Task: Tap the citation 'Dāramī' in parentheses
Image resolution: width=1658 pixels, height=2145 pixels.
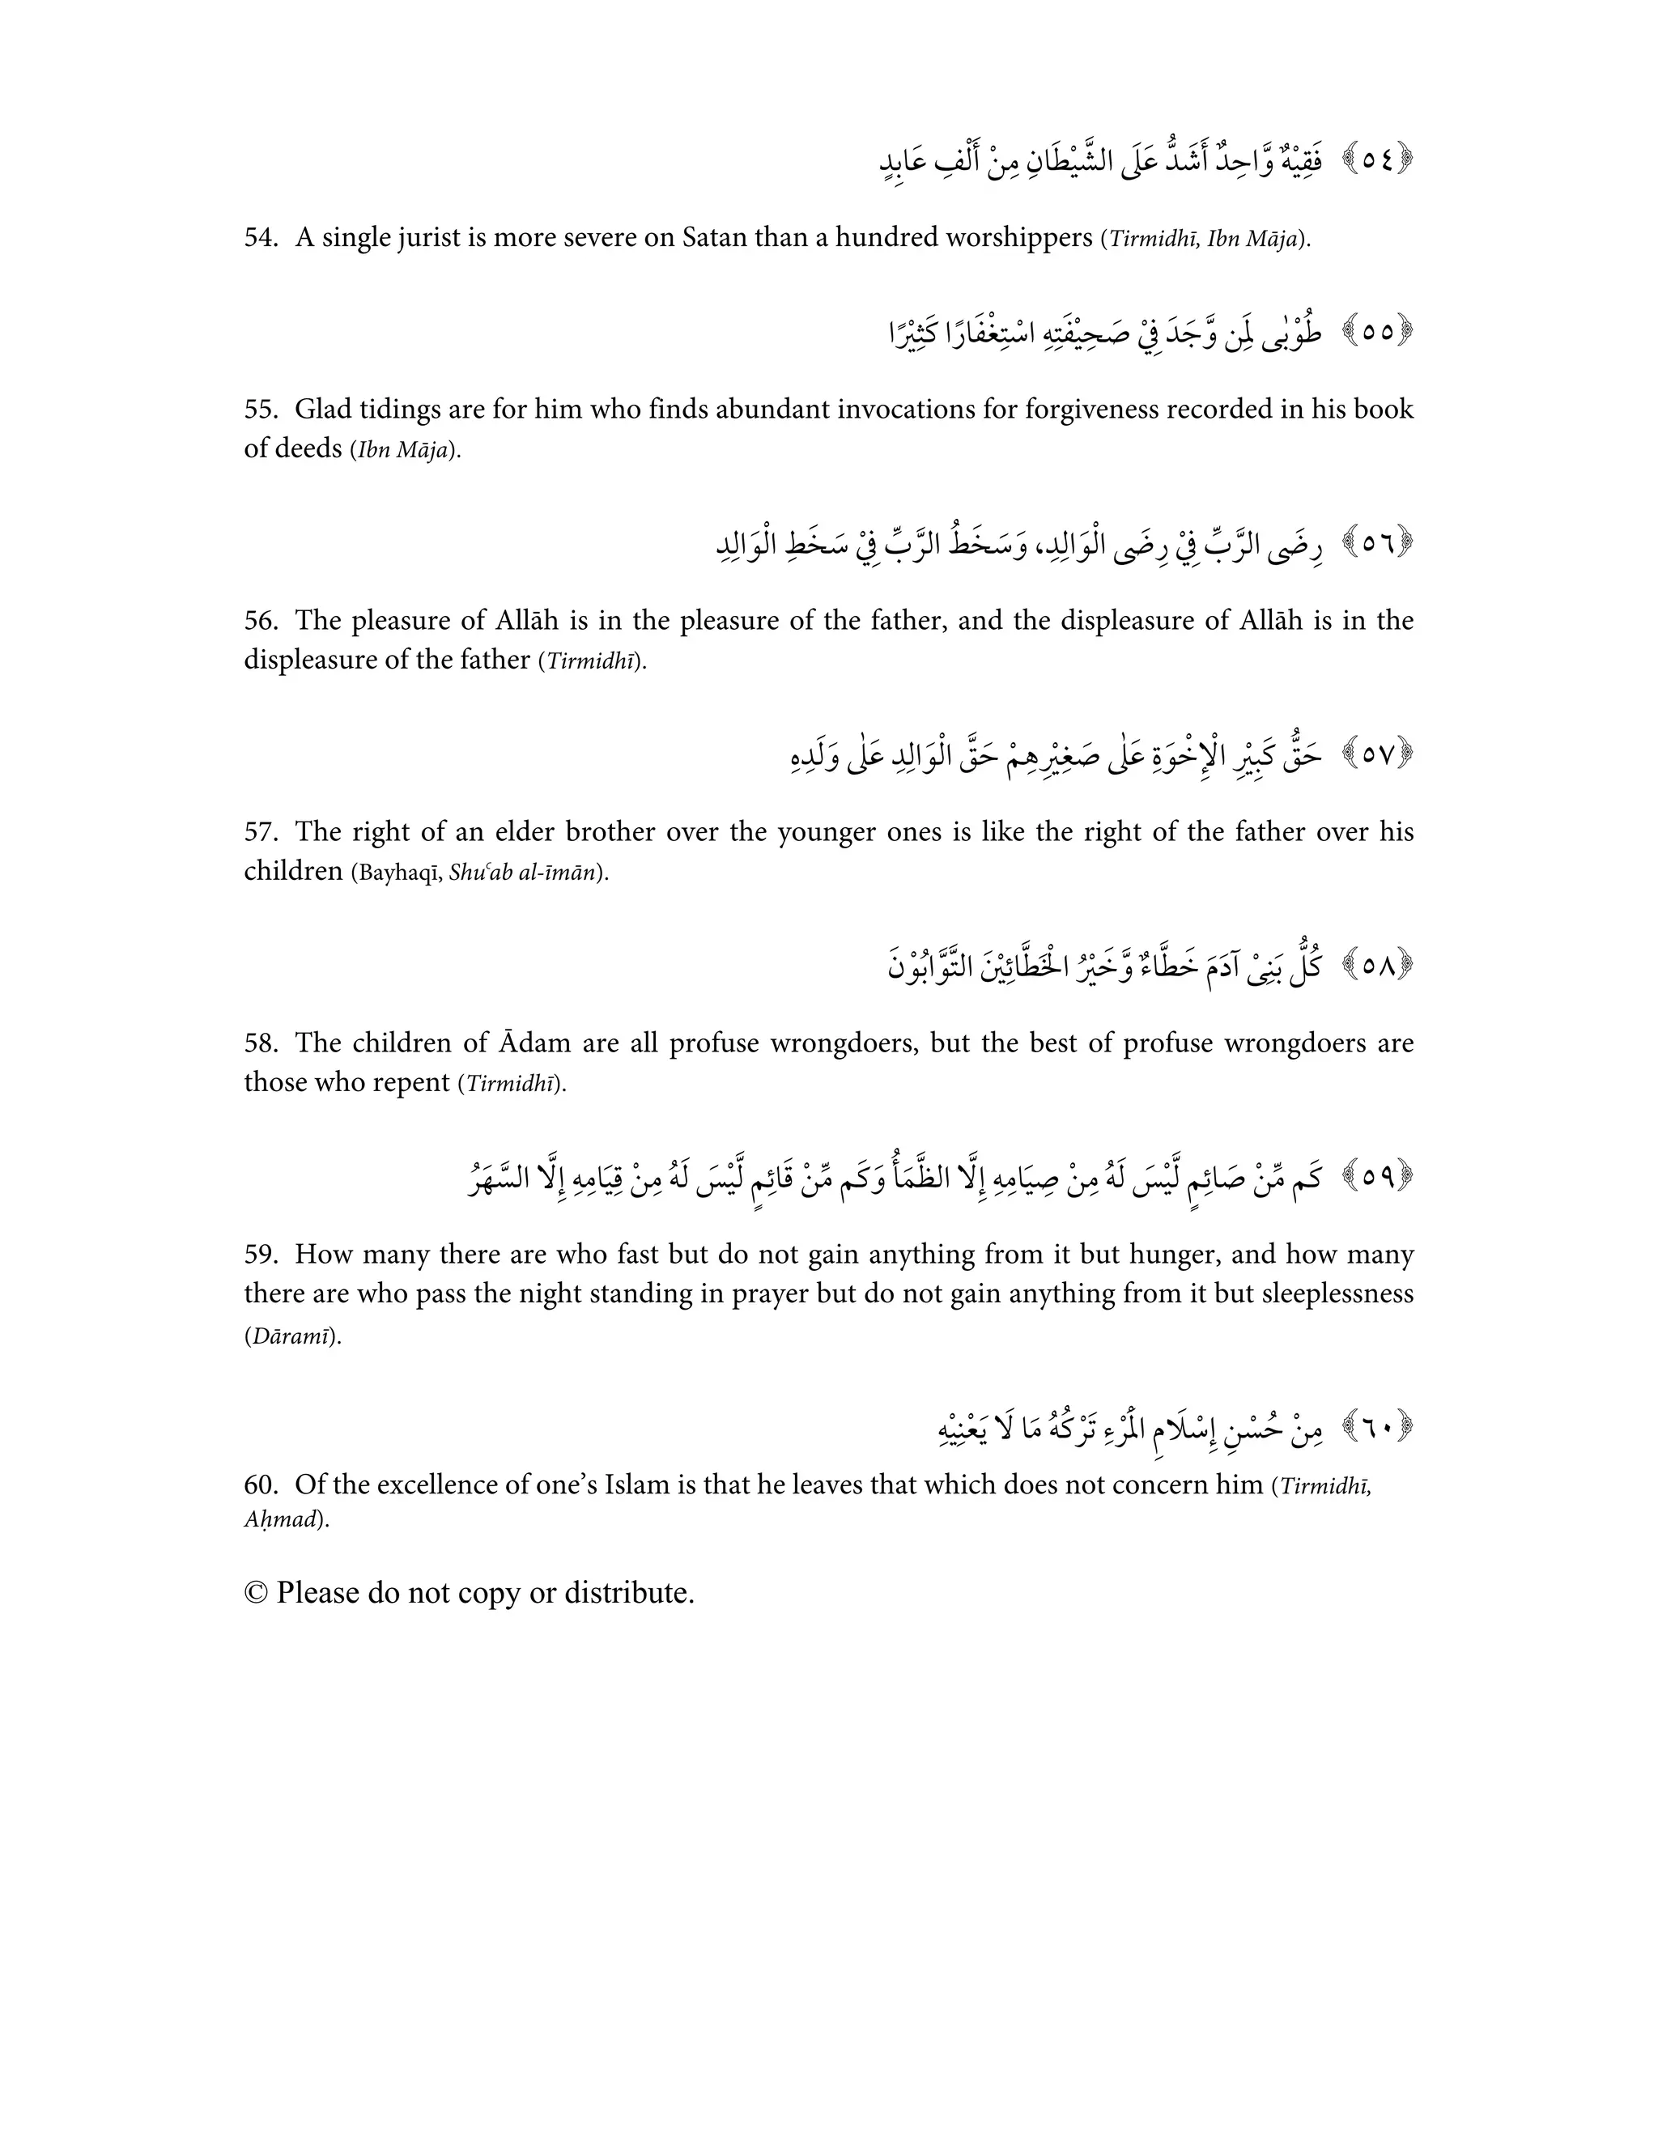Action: point(291,1336)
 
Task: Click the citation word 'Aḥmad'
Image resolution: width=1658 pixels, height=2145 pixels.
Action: point(281,1520)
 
